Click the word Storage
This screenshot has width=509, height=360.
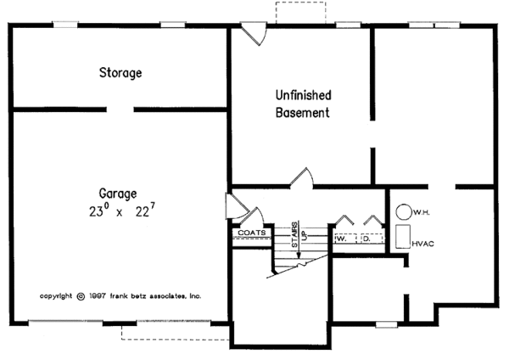tap(120, 73)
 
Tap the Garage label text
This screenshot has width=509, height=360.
tap(117, 193)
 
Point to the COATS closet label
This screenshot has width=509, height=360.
tap(252, 232)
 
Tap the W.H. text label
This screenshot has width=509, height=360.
tap(424, 211)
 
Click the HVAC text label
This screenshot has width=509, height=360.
tap(423, 244)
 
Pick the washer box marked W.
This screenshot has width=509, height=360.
tap(343, 239)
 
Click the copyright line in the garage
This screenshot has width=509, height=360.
tap(120, 297)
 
